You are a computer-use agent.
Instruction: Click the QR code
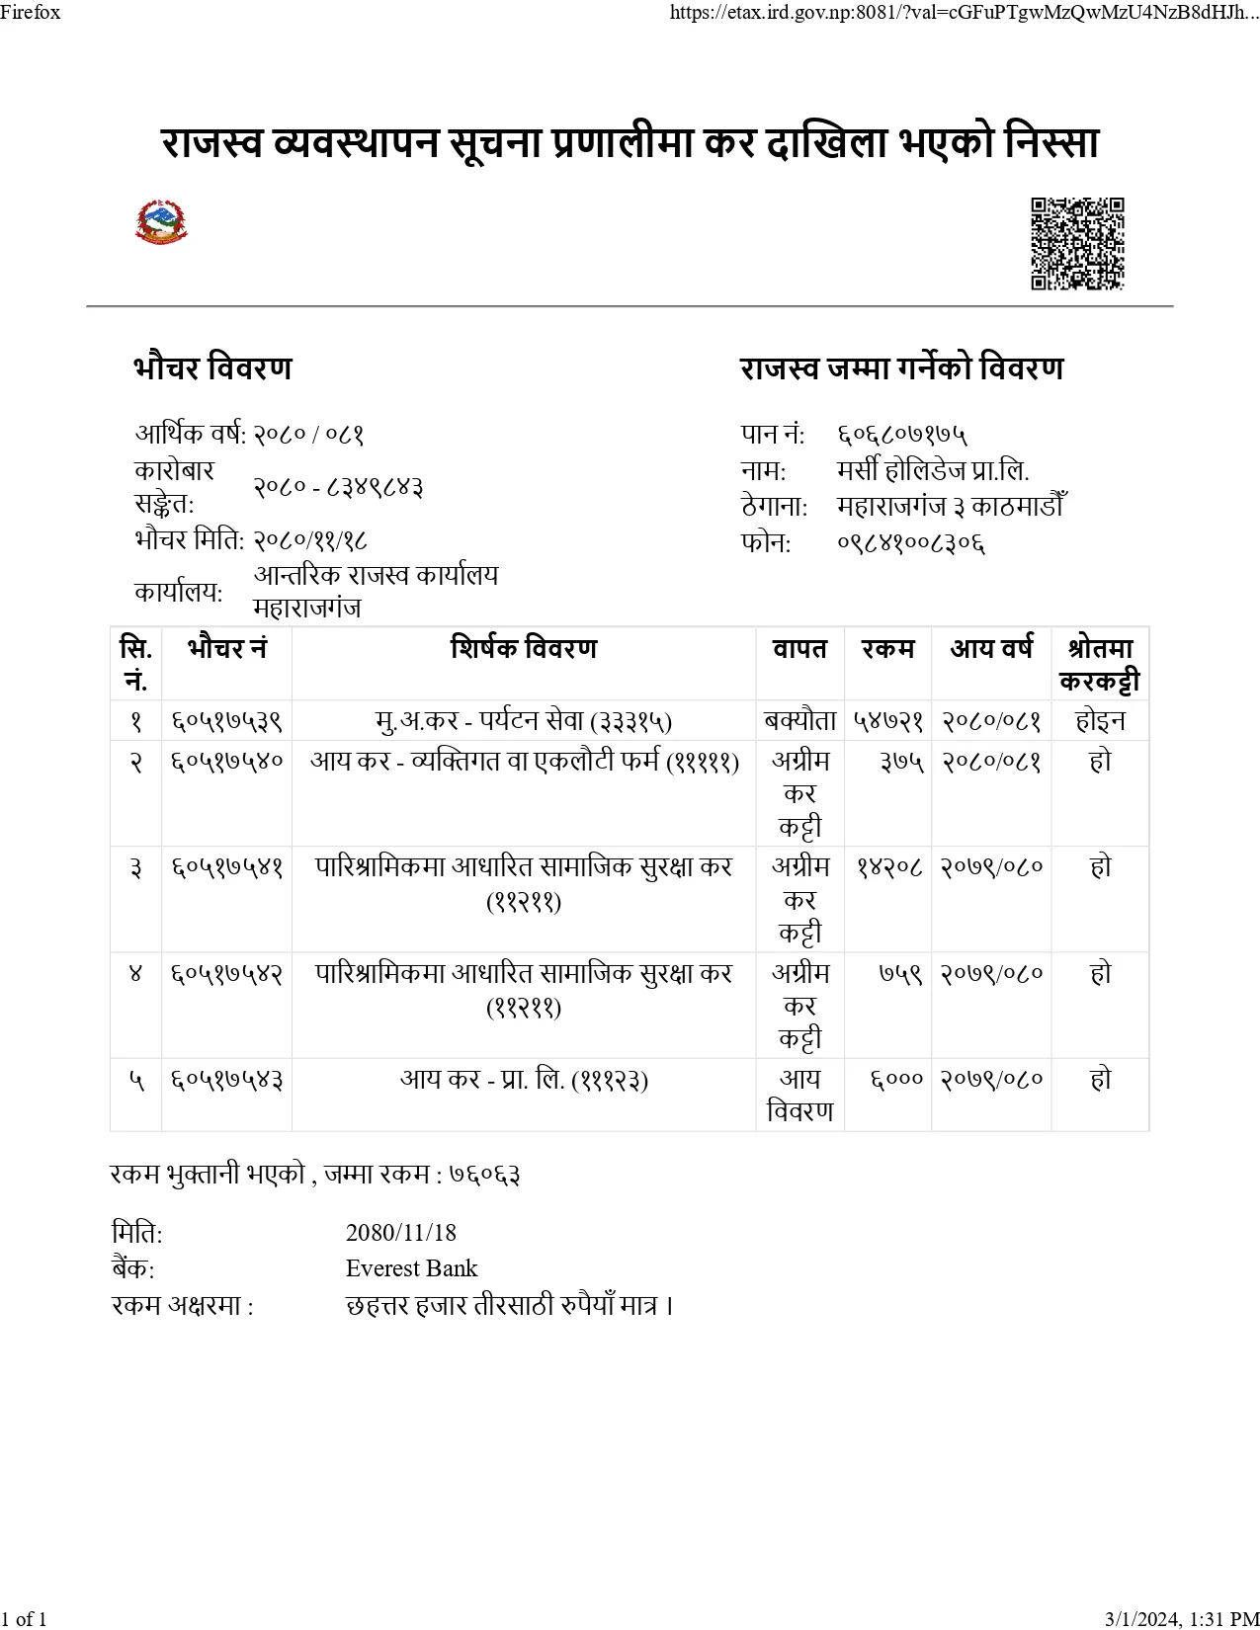(x=1077, y=243)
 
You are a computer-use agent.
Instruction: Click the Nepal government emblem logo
(x=161, y=222)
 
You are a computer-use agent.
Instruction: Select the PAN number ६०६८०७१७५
(x=902, y=434)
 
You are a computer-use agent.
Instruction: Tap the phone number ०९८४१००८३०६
(x=910, y=542)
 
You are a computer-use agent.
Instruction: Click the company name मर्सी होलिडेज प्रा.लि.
(x=932, y=470)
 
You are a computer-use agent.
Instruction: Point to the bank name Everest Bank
(x=411, y=1268)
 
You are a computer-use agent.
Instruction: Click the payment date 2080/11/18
(x=400, y=1232)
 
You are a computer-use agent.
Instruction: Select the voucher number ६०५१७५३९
(x=226, y=721)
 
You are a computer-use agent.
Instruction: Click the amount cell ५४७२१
(x=887, y=721)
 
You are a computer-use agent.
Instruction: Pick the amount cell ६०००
(x=896, y=1079)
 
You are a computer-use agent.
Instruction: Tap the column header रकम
(x=887, y=649)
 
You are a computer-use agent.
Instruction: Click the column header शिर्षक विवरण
(x=524, y=649)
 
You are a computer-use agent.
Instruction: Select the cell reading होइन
(x=1100, y=721)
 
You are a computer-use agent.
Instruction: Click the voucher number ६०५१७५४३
(x=226, y=1079)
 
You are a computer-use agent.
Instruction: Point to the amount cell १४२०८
(x=889, y=866)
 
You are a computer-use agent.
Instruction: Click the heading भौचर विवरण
(x=212, y=368)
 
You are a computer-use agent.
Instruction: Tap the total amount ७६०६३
(x=484, y=1174)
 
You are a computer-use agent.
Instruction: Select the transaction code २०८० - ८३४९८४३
(x=338, y=487)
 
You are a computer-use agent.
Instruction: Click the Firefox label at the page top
(x=31, y=12)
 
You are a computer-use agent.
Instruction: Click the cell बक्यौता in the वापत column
(x=799, y=721)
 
